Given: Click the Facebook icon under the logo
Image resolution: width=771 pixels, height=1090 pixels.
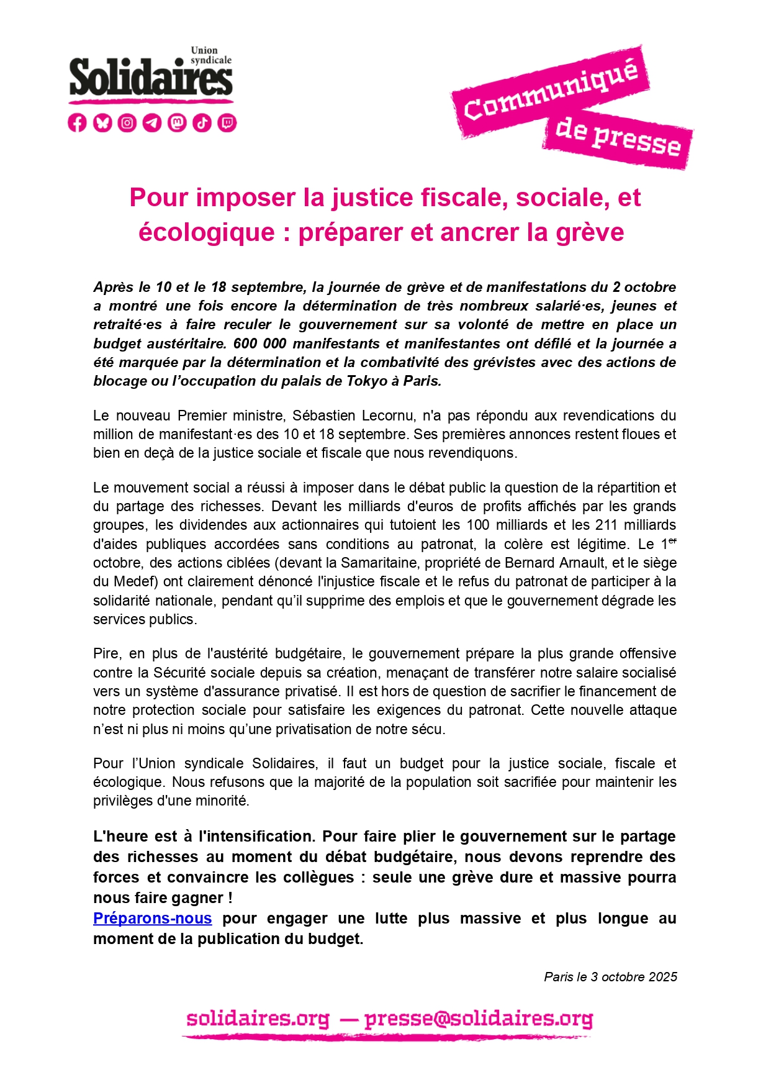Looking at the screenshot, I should click(x=77, y=123).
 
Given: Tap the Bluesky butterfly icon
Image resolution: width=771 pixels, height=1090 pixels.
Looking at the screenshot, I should click(x=102, y=123).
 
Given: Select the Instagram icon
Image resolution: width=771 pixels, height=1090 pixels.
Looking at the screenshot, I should click(x=127, y=123).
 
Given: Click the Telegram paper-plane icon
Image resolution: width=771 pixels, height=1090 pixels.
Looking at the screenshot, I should click(x=152, y=123).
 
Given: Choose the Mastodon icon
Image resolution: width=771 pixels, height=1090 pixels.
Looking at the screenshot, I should click(x=177, y=123).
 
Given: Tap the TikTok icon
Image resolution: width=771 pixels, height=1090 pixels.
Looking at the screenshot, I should click(x=202, y=123).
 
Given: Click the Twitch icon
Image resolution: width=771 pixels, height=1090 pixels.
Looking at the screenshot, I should click(x=227, y=123).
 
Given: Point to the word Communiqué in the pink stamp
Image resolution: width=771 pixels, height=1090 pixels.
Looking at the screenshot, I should click(x=550, y=91).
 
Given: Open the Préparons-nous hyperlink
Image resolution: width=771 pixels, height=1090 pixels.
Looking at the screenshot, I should click(x=152, y=918).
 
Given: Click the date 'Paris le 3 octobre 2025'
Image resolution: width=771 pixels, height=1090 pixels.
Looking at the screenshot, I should click(x=610, y=977).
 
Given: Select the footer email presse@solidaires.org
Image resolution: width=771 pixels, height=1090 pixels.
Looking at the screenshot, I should click(x=479, y=1019).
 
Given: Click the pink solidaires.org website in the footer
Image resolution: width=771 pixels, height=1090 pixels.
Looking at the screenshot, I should click(x=258, y=1019).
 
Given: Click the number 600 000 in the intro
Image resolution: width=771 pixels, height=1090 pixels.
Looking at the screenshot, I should click(x=259, y=343).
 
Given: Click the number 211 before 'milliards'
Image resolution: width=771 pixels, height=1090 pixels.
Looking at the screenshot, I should click(x=606, y=525).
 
